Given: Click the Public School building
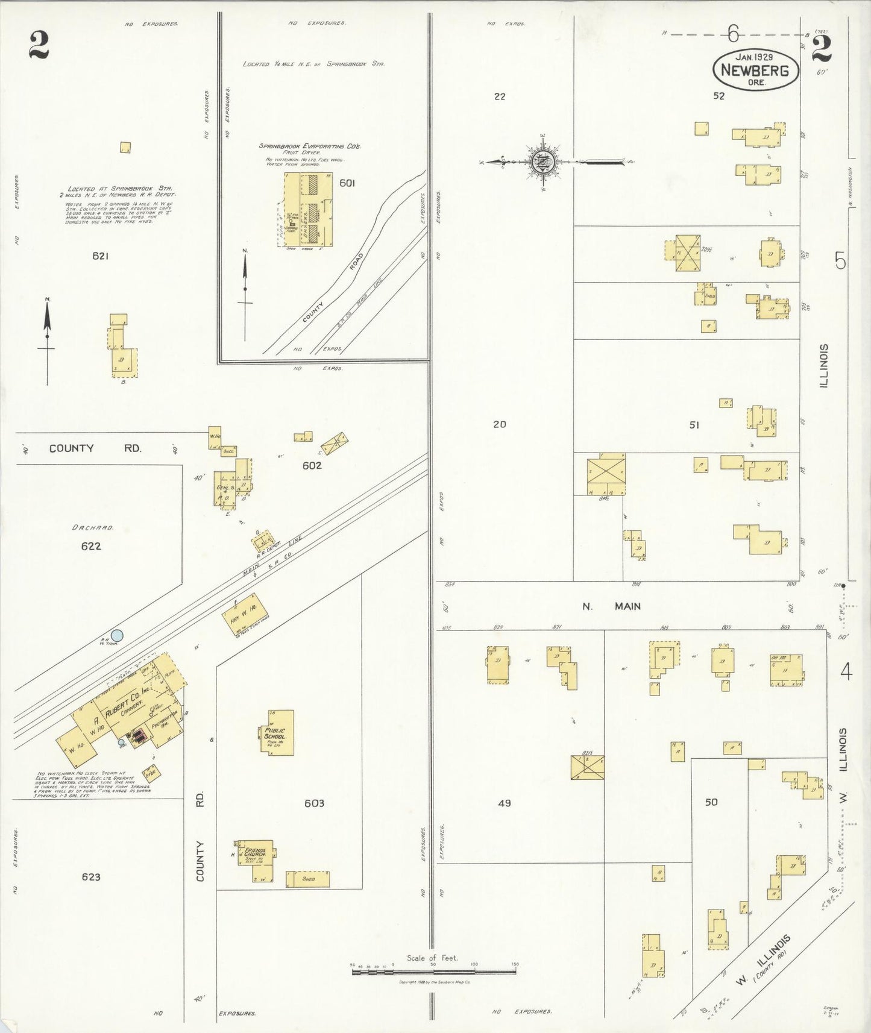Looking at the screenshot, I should [x=278, y=733].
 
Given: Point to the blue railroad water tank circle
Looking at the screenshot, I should [x=118, y=635].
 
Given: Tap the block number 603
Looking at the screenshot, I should [x=314, y=803].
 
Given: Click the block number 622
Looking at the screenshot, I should [x=91, y=547].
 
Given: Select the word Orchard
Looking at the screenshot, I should [x=93, y=528].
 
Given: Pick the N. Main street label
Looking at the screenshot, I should [x=611, y=606].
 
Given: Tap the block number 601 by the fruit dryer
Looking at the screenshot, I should [x=347, y=183].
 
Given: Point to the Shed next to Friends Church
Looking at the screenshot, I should [x=308, y=879].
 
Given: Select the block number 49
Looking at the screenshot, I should [x=505, y=803].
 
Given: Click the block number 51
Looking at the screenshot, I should [x=694, y=425].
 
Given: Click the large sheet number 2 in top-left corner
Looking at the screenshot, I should [x=38, y=46].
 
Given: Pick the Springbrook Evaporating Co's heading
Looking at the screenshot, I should [x=310, y=146].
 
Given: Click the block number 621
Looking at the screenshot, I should [x=100, y=256].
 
